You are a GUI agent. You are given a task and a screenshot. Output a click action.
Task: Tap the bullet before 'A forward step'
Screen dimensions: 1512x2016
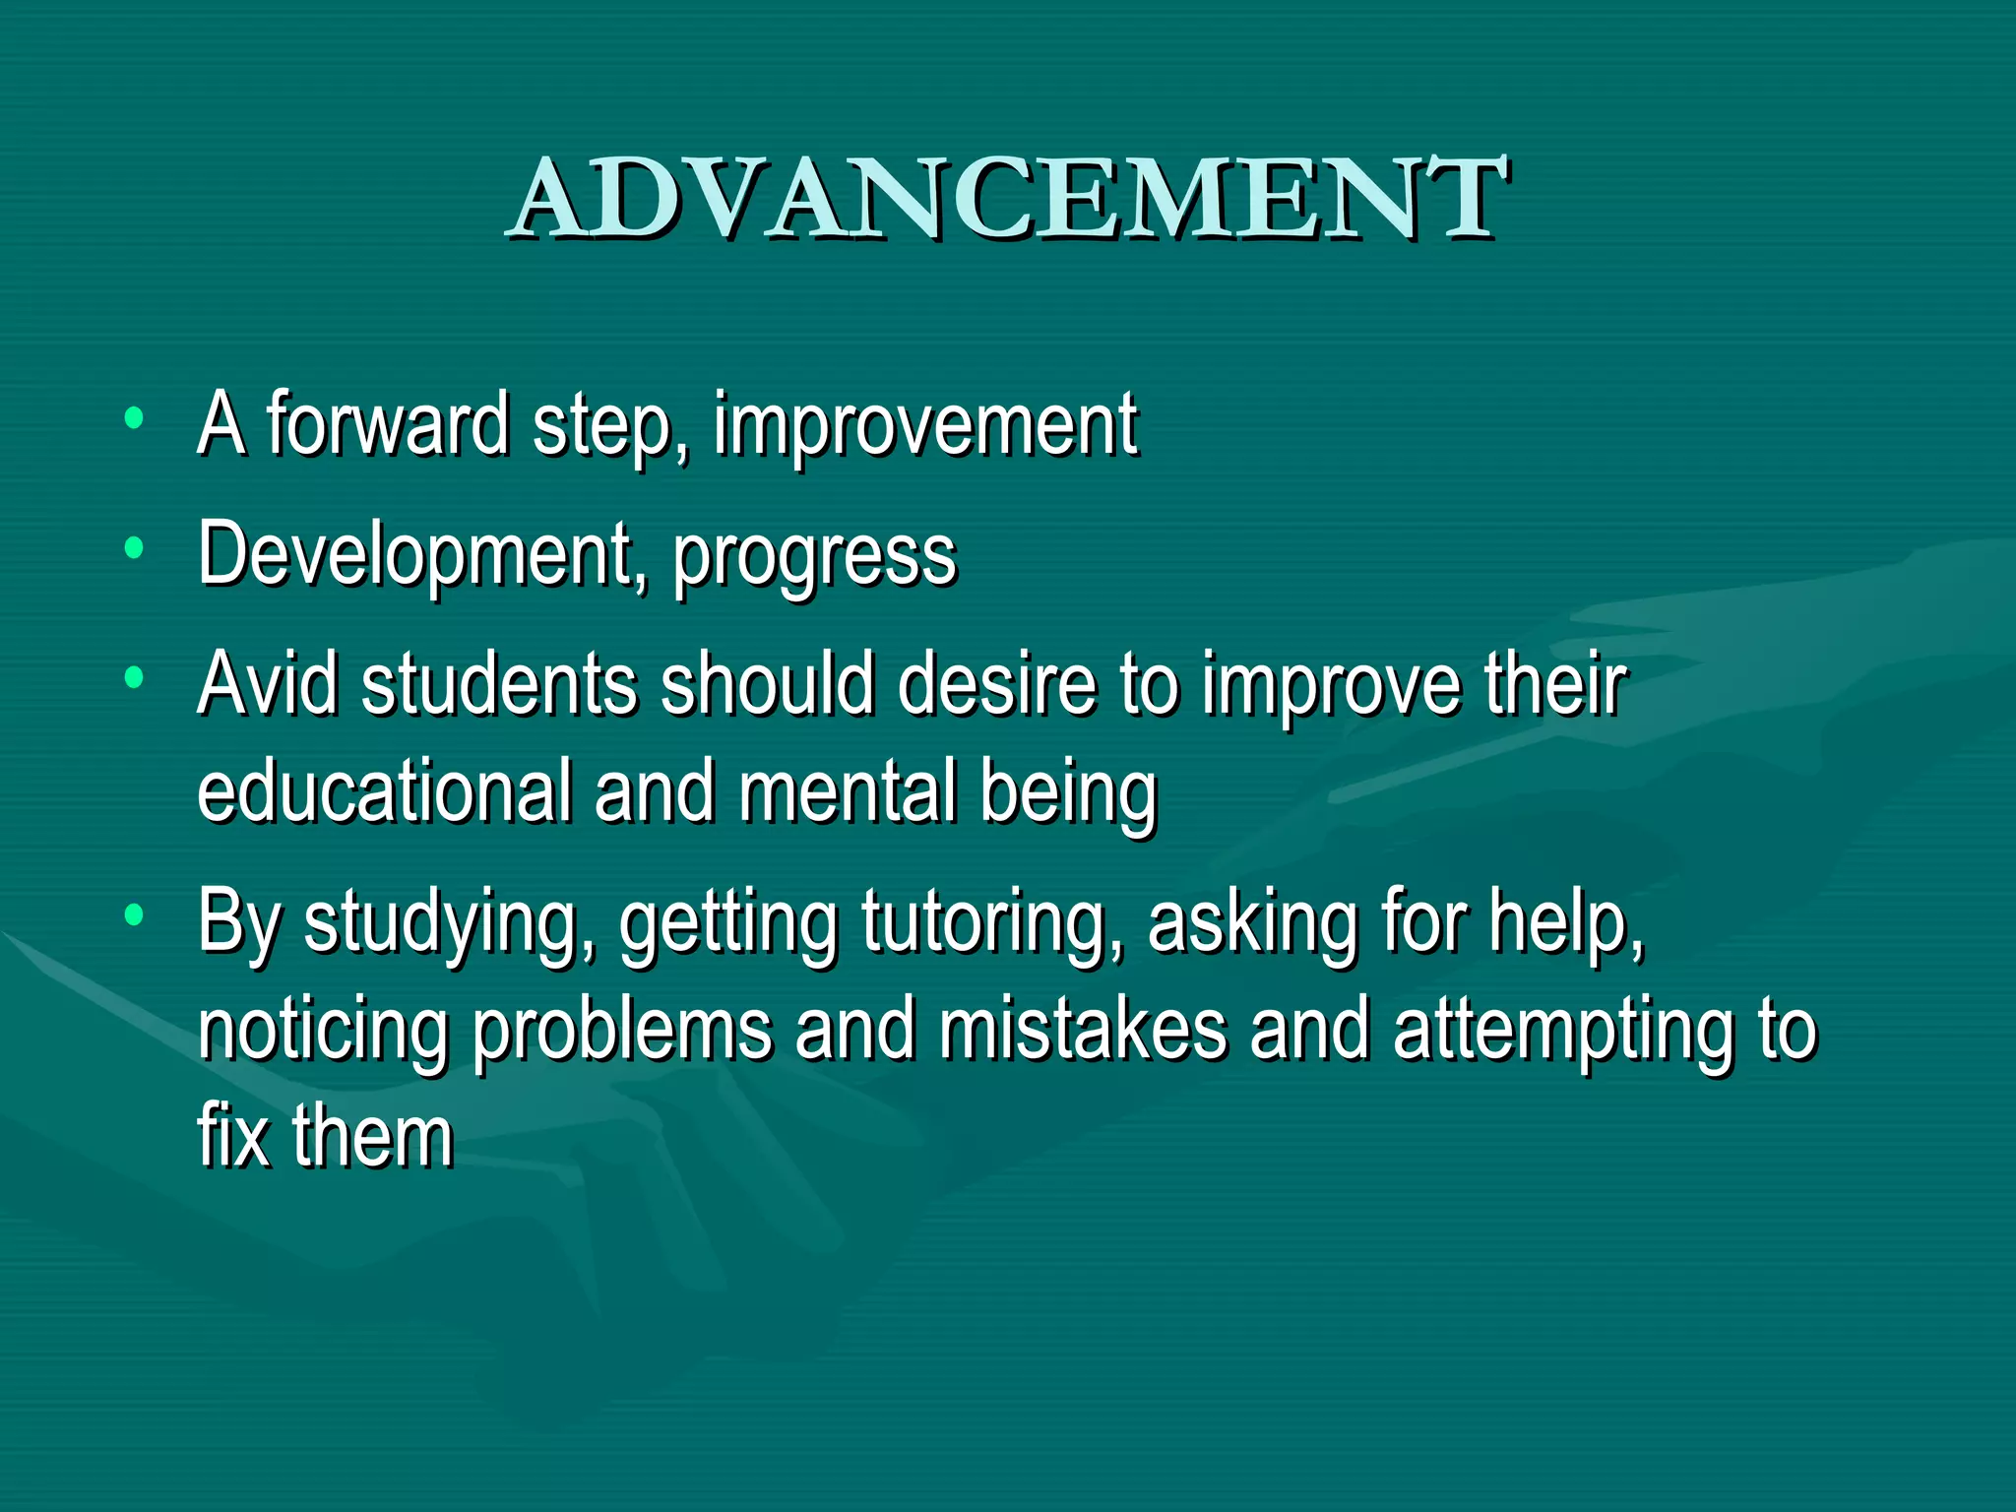(135, 417)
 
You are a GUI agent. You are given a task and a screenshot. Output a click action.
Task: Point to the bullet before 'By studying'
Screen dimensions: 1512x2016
(135, 914)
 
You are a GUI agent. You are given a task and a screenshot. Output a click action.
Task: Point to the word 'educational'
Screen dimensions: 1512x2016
(385, 792)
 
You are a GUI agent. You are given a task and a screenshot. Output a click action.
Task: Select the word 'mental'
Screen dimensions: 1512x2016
(848, 792)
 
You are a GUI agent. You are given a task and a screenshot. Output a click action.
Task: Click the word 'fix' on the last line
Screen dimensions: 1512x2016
(233, 1136)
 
